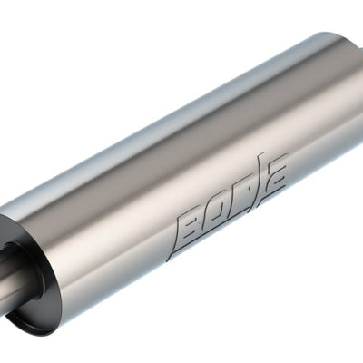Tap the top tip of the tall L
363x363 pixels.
click(263, 155)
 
